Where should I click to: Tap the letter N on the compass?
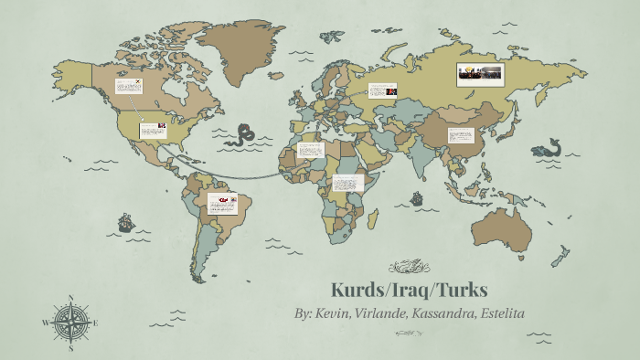click(71, 298)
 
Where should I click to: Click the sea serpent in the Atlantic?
click(244, 135)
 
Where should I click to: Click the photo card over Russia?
click(482, 74)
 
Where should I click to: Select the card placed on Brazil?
click(222, 202)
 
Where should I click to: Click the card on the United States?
click(152, 130)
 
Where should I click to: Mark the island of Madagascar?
click(375, 219)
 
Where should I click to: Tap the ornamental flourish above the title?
click(410, 267)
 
